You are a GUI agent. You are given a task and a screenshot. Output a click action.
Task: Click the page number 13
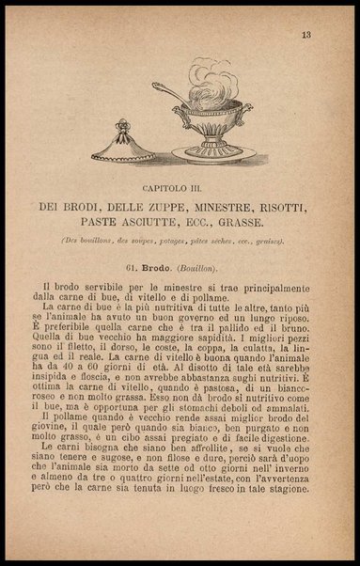pos(306,36)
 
